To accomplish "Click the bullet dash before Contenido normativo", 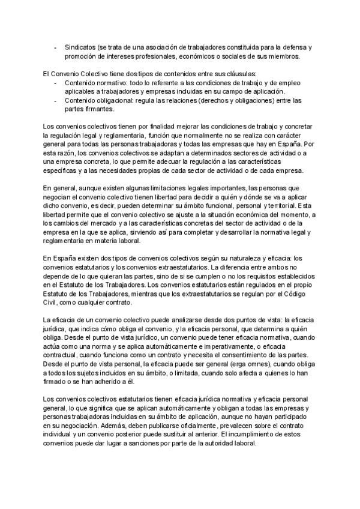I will click(55, 82).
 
